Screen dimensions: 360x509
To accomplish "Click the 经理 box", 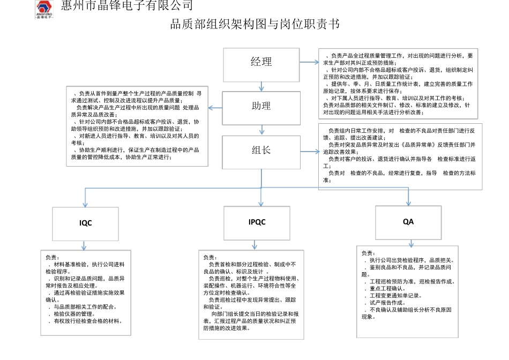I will (x=261, y=62).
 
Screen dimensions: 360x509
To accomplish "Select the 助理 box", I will (x=261, y=106).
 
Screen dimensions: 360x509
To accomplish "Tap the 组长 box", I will (x=261, y=150).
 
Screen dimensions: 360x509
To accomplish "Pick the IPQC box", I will (x=257, y=222).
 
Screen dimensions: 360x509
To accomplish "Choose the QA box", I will (x=408, y=221).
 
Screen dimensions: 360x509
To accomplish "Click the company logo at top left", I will (x=49, y=9).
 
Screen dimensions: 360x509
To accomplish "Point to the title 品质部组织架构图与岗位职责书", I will (x=254, y=25).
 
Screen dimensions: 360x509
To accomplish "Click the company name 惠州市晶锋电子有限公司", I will (x=127, y=6).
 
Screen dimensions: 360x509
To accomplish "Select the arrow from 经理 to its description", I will (x=309, y=62).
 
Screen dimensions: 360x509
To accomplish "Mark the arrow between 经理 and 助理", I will (x=261, y=85).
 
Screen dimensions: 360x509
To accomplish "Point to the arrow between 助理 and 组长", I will (x=261, y=129).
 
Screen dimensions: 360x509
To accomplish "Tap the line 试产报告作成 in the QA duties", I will (x=387, y=303).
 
